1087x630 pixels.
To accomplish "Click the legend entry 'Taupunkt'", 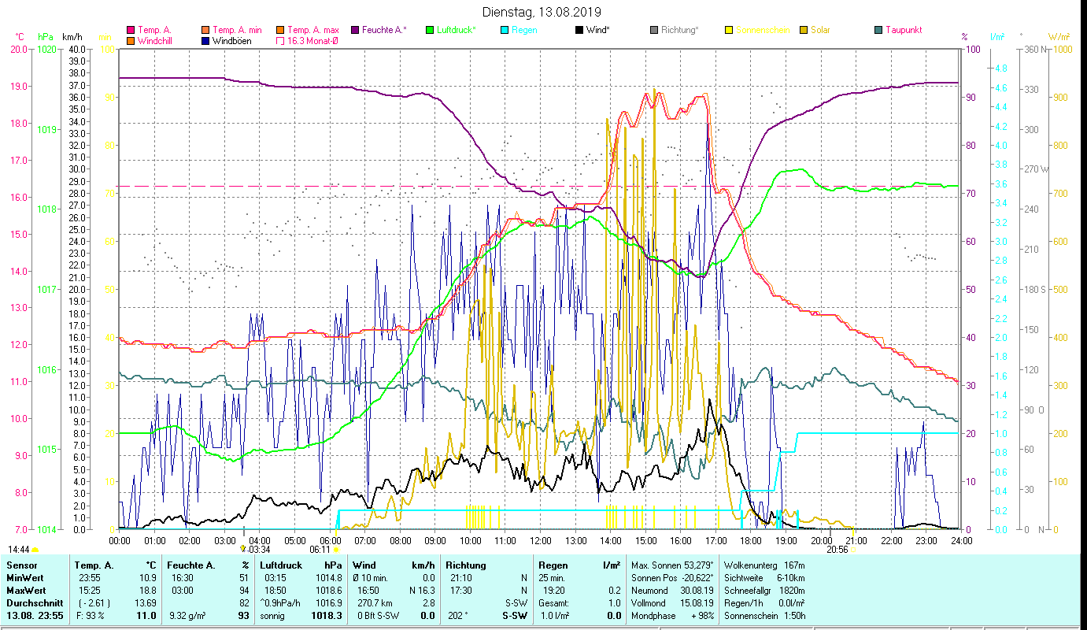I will tap(903, 30).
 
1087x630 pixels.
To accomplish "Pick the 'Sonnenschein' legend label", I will tap(762, 30).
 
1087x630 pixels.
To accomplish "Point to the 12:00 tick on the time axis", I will tap(540, 541).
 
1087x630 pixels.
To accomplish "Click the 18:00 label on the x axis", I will tap(751, 541).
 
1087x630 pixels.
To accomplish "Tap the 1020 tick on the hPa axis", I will tap(47, 49).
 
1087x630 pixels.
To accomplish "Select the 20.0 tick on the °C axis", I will tap(19, 49).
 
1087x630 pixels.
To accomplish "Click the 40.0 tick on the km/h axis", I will tap(77, 49).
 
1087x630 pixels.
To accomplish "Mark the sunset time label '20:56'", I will tap(837, 550).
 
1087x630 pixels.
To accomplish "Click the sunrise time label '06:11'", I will tap(320, 550).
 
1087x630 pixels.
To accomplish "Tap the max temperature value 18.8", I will tap(148, 590).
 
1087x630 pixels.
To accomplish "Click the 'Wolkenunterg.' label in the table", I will tap(749, 565).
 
